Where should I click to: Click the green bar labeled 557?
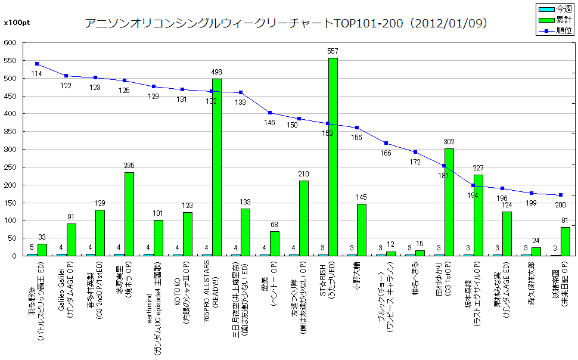click(332, 157)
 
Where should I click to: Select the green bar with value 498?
click(216, 167)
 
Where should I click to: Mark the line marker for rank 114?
click(37, 64)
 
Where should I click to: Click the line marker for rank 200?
click(560, 195)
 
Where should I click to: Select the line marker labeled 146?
click(269, 113)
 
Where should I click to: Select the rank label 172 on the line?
click(415, 162)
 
